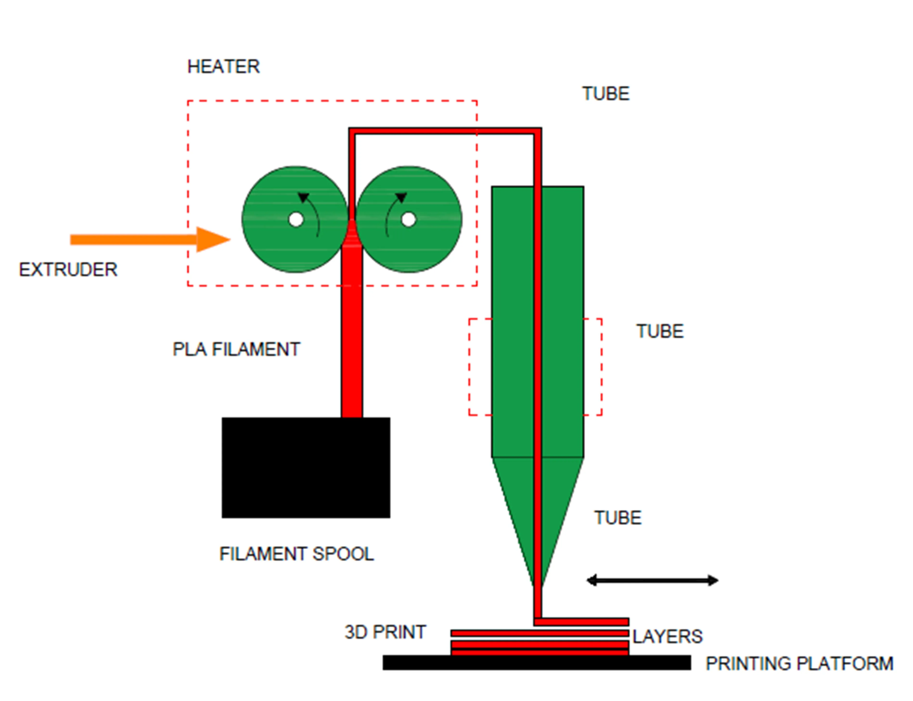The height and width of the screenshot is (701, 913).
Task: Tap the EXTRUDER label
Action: (68, 270)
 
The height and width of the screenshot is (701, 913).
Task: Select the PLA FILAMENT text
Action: (236, 349)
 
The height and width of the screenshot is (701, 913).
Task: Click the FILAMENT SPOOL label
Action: (296, 554)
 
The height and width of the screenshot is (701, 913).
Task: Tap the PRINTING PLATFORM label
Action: (799, 663)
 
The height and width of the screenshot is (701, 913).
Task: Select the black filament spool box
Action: (306, 467)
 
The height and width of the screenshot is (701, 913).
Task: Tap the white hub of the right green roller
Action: (408, 220)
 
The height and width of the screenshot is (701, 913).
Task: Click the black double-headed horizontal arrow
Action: (652, 580)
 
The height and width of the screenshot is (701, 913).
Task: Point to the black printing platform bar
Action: (536, 663)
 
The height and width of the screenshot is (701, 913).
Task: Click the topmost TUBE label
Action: (606, 94)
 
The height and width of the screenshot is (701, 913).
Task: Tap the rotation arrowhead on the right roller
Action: (401, 197)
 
